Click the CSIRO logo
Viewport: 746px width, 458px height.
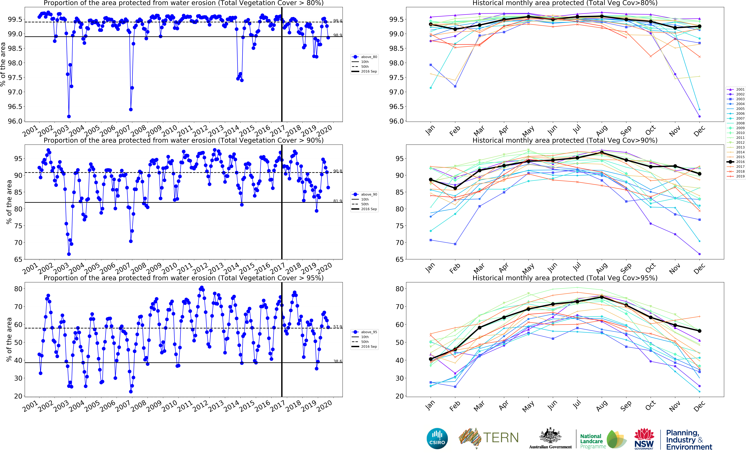pos(437,438)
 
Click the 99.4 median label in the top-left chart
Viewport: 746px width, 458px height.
pos(338,21)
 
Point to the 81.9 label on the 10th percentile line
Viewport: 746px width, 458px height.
pos(338,201)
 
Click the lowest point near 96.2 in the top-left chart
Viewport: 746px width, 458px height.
pos(69,116)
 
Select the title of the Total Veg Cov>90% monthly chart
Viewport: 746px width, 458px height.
pos(565,140)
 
